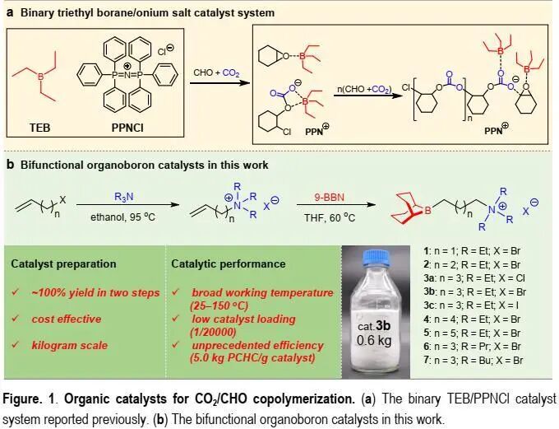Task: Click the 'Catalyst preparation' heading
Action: click(62, 264)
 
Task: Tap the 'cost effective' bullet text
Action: click(67, 319)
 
